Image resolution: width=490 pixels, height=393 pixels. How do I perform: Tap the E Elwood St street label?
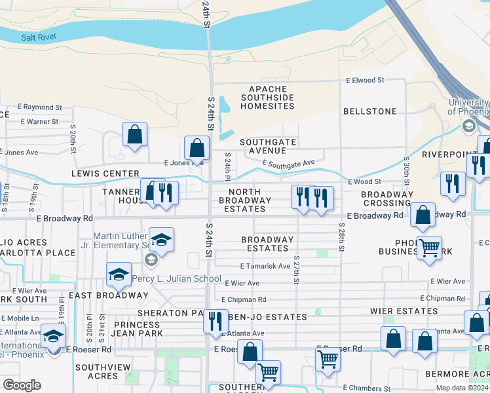pos(366,80)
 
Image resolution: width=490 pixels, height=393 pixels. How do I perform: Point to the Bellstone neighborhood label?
pos(370,111)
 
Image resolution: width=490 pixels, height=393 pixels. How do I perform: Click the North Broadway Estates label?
pos(242,200)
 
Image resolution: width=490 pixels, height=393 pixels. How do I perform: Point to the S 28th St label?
pos(341,237)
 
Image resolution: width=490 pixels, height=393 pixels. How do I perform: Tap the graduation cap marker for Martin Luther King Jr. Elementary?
pos(161,240)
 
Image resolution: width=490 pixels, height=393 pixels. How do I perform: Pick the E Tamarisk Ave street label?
pos(265,266)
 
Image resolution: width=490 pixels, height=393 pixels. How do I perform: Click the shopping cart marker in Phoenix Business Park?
pos(429,248)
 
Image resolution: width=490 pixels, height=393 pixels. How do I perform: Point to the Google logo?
pos(22,384)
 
